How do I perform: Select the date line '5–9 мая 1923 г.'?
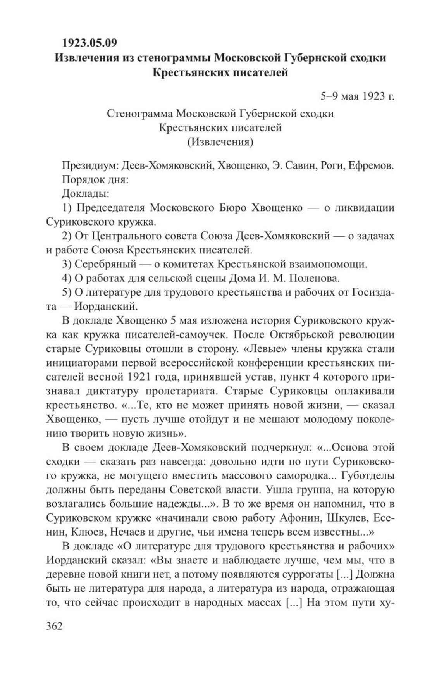point(357,96)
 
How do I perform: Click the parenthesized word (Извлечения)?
point(220,142)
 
